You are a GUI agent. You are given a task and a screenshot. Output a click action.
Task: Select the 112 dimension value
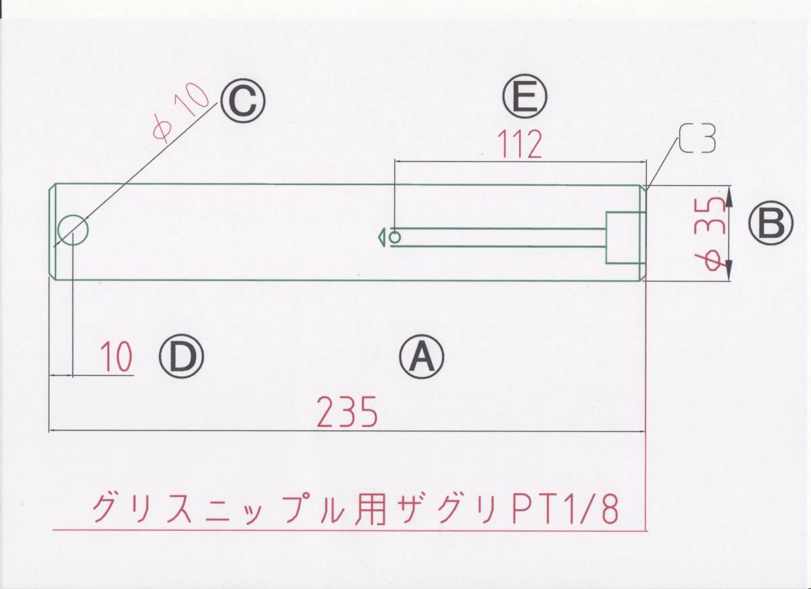pyautogui.click(x=519, y=145)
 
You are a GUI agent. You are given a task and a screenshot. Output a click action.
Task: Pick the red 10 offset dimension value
pyautogui.click(x=117, y=358)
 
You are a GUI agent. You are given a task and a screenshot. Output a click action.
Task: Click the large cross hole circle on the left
pyautogui.click(x=73, y=231)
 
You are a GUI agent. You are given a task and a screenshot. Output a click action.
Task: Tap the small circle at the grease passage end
pyautogui.click(x=395, y=237)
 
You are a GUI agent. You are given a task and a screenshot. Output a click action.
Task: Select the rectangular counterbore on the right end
pyautogui.click(x=622, y=237)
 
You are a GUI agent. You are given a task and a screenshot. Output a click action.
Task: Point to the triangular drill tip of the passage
pyautogui.click(x=380, y=237)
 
